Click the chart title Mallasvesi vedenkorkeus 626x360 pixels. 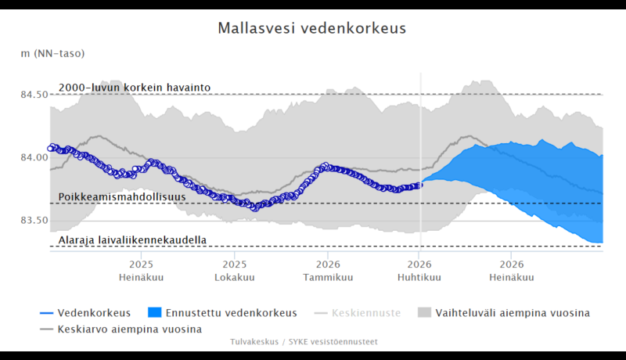[x=312, y=29]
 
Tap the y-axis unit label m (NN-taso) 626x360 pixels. [x=53, y=53]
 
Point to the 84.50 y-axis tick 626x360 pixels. [x=34, y=95]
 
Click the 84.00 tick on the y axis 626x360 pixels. [x=34, y=157]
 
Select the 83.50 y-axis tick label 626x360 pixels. [x=34, y=220]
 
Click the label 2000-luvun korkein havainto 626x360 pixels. [x=135, y=88]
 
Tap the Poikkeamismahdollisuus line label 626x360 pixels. [x=122, y=197]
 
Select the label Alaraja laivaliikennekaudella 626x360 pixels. [x=132, y=239]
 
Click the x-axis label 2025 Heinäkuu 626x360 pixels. [x=141, y=272]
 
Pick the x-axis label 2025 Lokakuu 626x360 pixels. [x=235, y=272]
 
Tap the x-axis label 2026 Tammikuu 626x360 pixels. [x=328, y=272]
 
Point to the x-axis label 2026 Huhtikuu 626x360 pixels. [x=419, y=272]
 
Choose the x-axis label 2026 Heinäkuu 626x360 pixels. [x=512, y=272]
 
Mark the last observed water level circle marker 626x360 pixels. [x=419, y=185]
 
